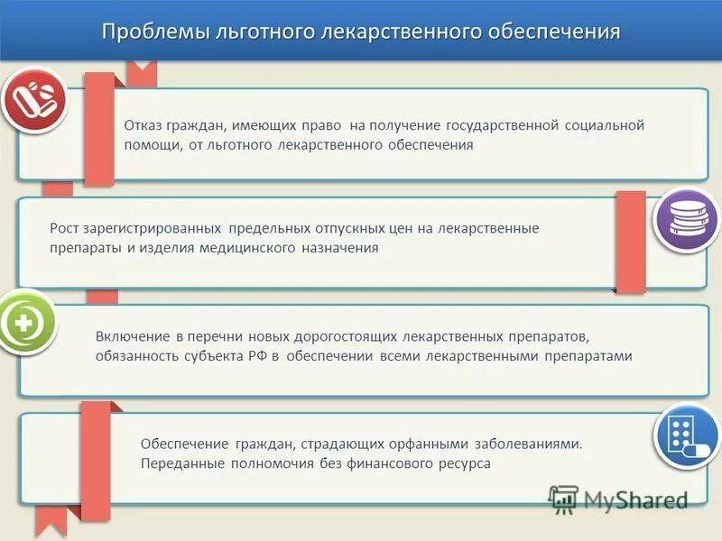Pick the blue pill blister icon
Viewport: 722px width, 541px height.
coord(685,437)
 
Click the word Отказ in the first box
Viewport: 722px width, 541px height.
coord(143,125)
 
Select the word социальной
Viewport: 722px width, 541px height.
coord(605,125)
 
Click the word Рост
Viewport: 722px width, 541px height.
coord(66,228)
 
